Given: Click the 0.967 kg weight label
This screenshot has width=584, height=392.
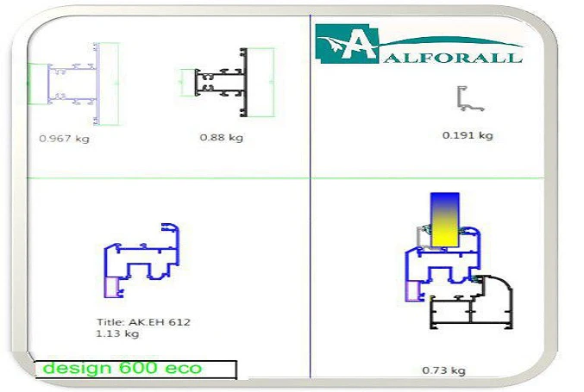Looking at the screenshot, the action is [64, 139].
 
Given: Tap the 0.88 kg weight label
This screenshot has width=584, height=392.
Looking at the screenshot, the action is [222, 138].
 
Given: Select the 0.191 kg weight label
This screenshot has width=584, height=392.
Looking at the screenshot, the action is [468, 135].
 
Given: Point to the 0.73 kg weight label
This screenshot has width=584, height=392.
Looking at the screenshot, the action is [443, 370].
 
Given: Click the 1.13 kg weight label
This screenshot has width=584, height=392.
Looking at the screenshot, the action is [117, 333].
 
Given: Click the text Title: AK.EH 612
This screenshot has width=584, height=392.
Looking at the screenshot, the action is [143, 322].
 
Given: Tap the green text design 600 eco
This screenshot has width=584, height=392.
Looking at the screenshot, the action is [122, 368].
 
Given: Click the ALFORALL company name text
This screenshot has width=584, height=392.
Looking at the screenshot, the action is [453, 58].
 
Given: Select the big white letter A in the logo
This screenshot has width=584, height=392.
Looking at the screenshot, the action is [358, 45].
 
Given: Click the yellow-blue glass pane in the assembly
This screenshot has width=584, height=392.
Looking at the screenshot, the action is [445, 220].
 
